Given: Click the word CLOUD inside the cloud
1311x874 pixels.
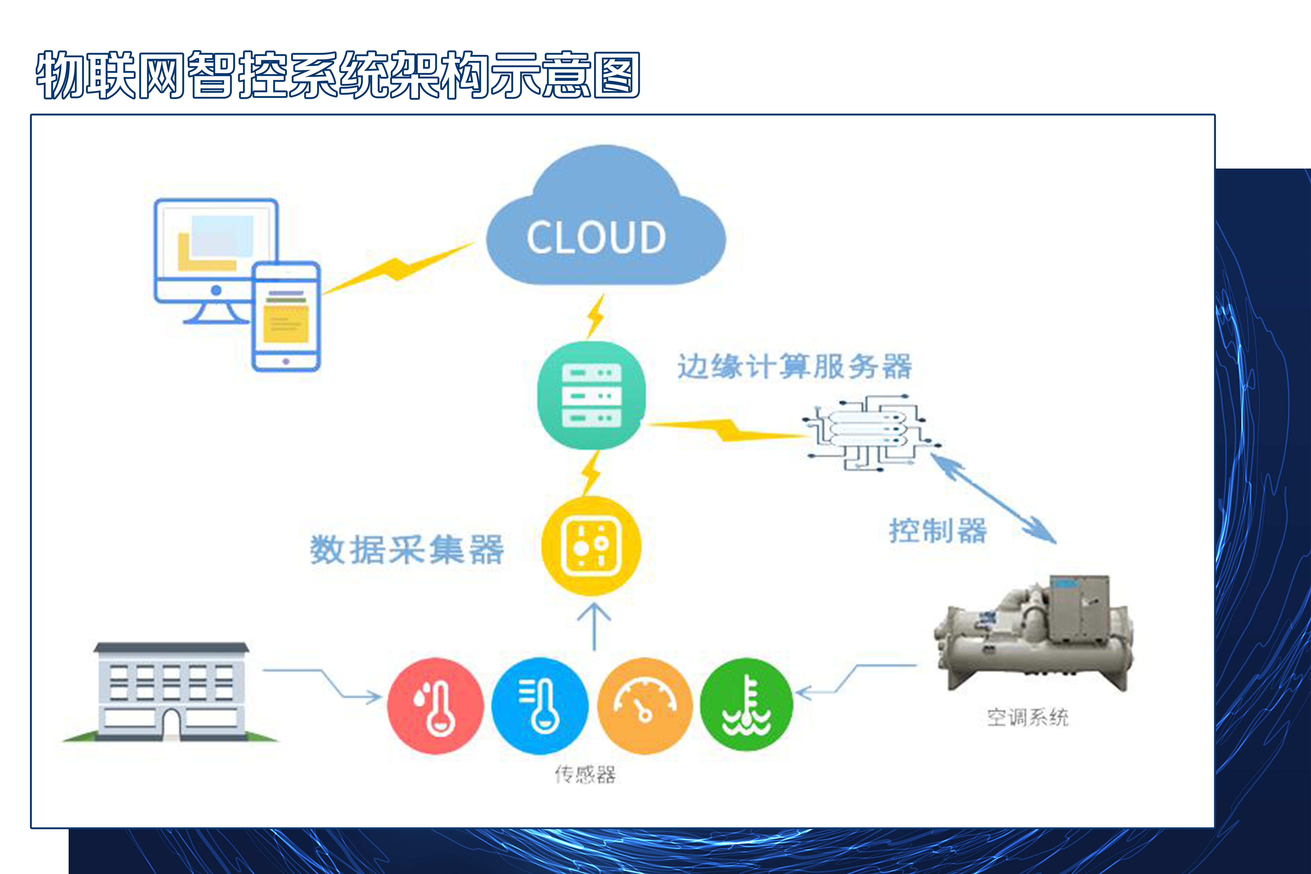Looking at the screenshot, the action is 596,238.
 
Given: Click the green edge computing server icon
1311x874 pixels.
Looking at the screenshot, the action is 591,395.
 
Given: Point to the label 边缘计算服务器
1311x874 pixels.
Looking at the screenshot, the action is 795,366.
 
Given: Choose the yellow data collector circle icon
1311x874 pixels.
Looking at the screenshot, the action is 591,546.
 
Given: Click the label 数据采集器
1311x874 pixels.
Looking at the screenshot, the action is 407,550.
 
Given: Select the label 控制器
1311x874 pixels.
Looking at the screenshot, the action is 938,531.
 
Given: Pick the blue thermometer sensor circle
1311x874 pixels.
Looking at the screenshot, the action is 539,706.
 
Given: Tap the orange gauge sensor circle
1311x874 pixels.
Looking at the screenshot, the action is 645,706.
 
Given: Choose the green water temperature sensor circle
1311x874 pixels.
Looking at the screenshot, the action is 747,705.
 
